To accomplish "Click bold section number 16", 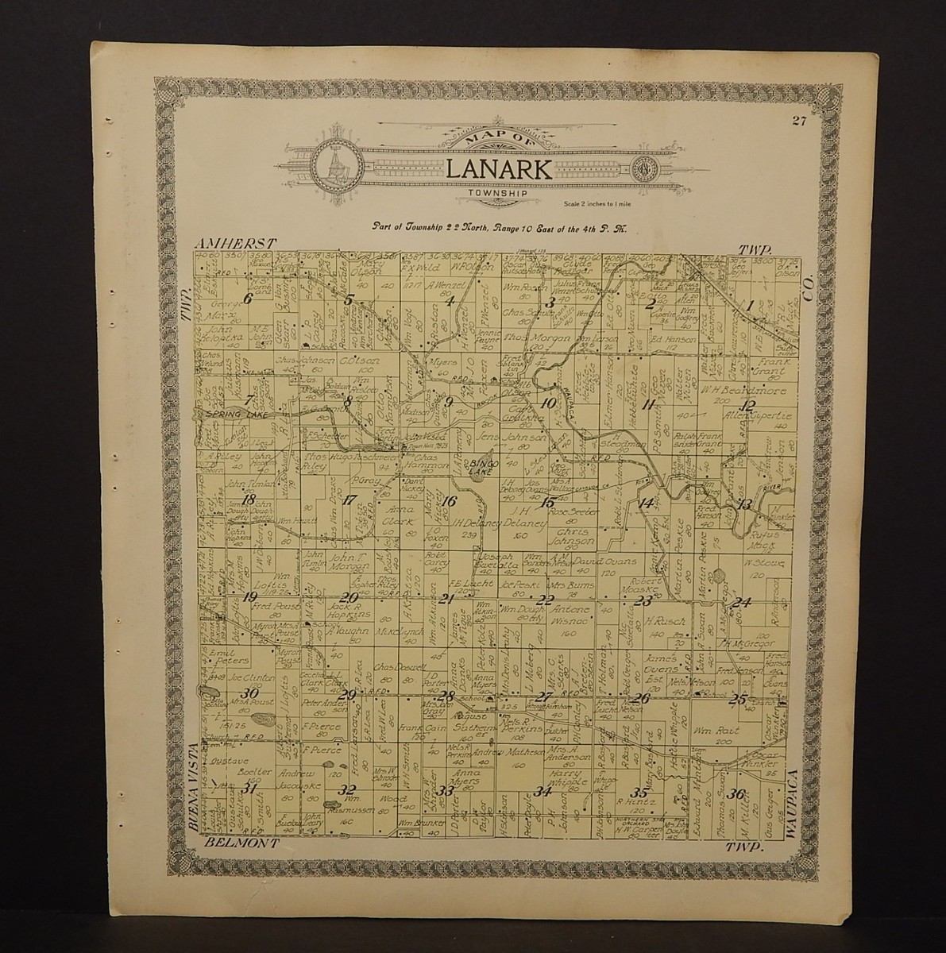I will pos(449,501).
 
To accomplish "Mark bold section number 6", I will pos(247,299).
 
